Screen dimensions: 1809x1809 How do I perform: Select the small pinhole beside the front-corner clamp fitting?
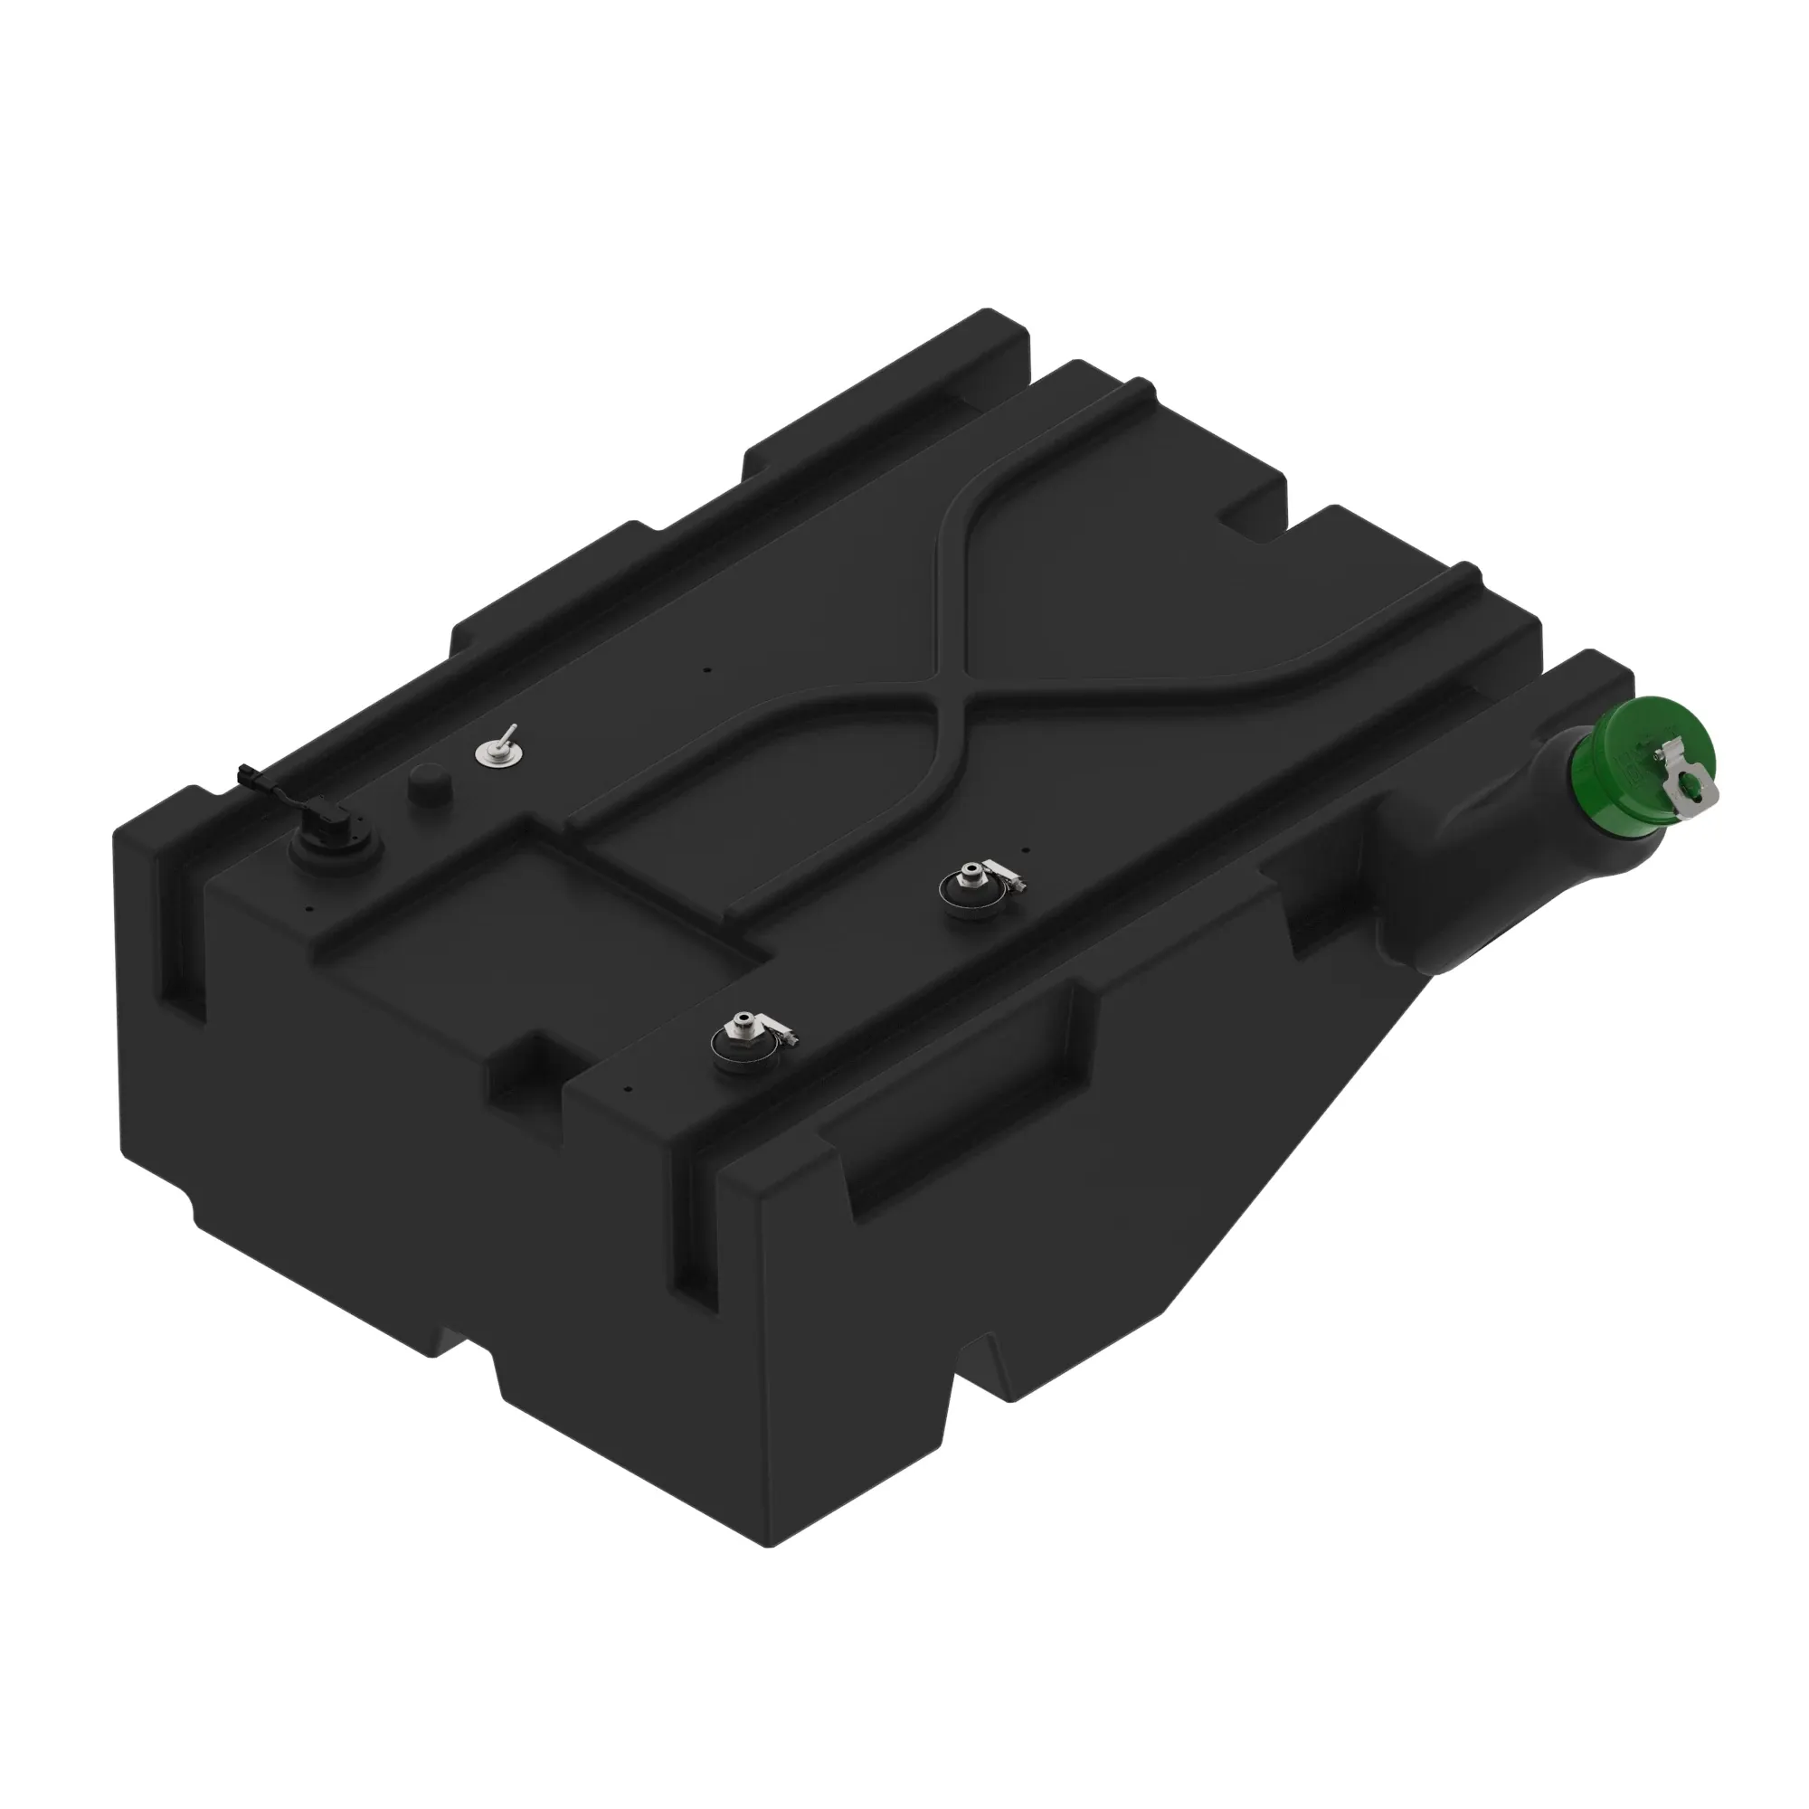coord(629,1089)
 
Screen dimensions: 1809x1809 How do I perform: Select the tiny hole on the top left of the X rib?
coord(708,669)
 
